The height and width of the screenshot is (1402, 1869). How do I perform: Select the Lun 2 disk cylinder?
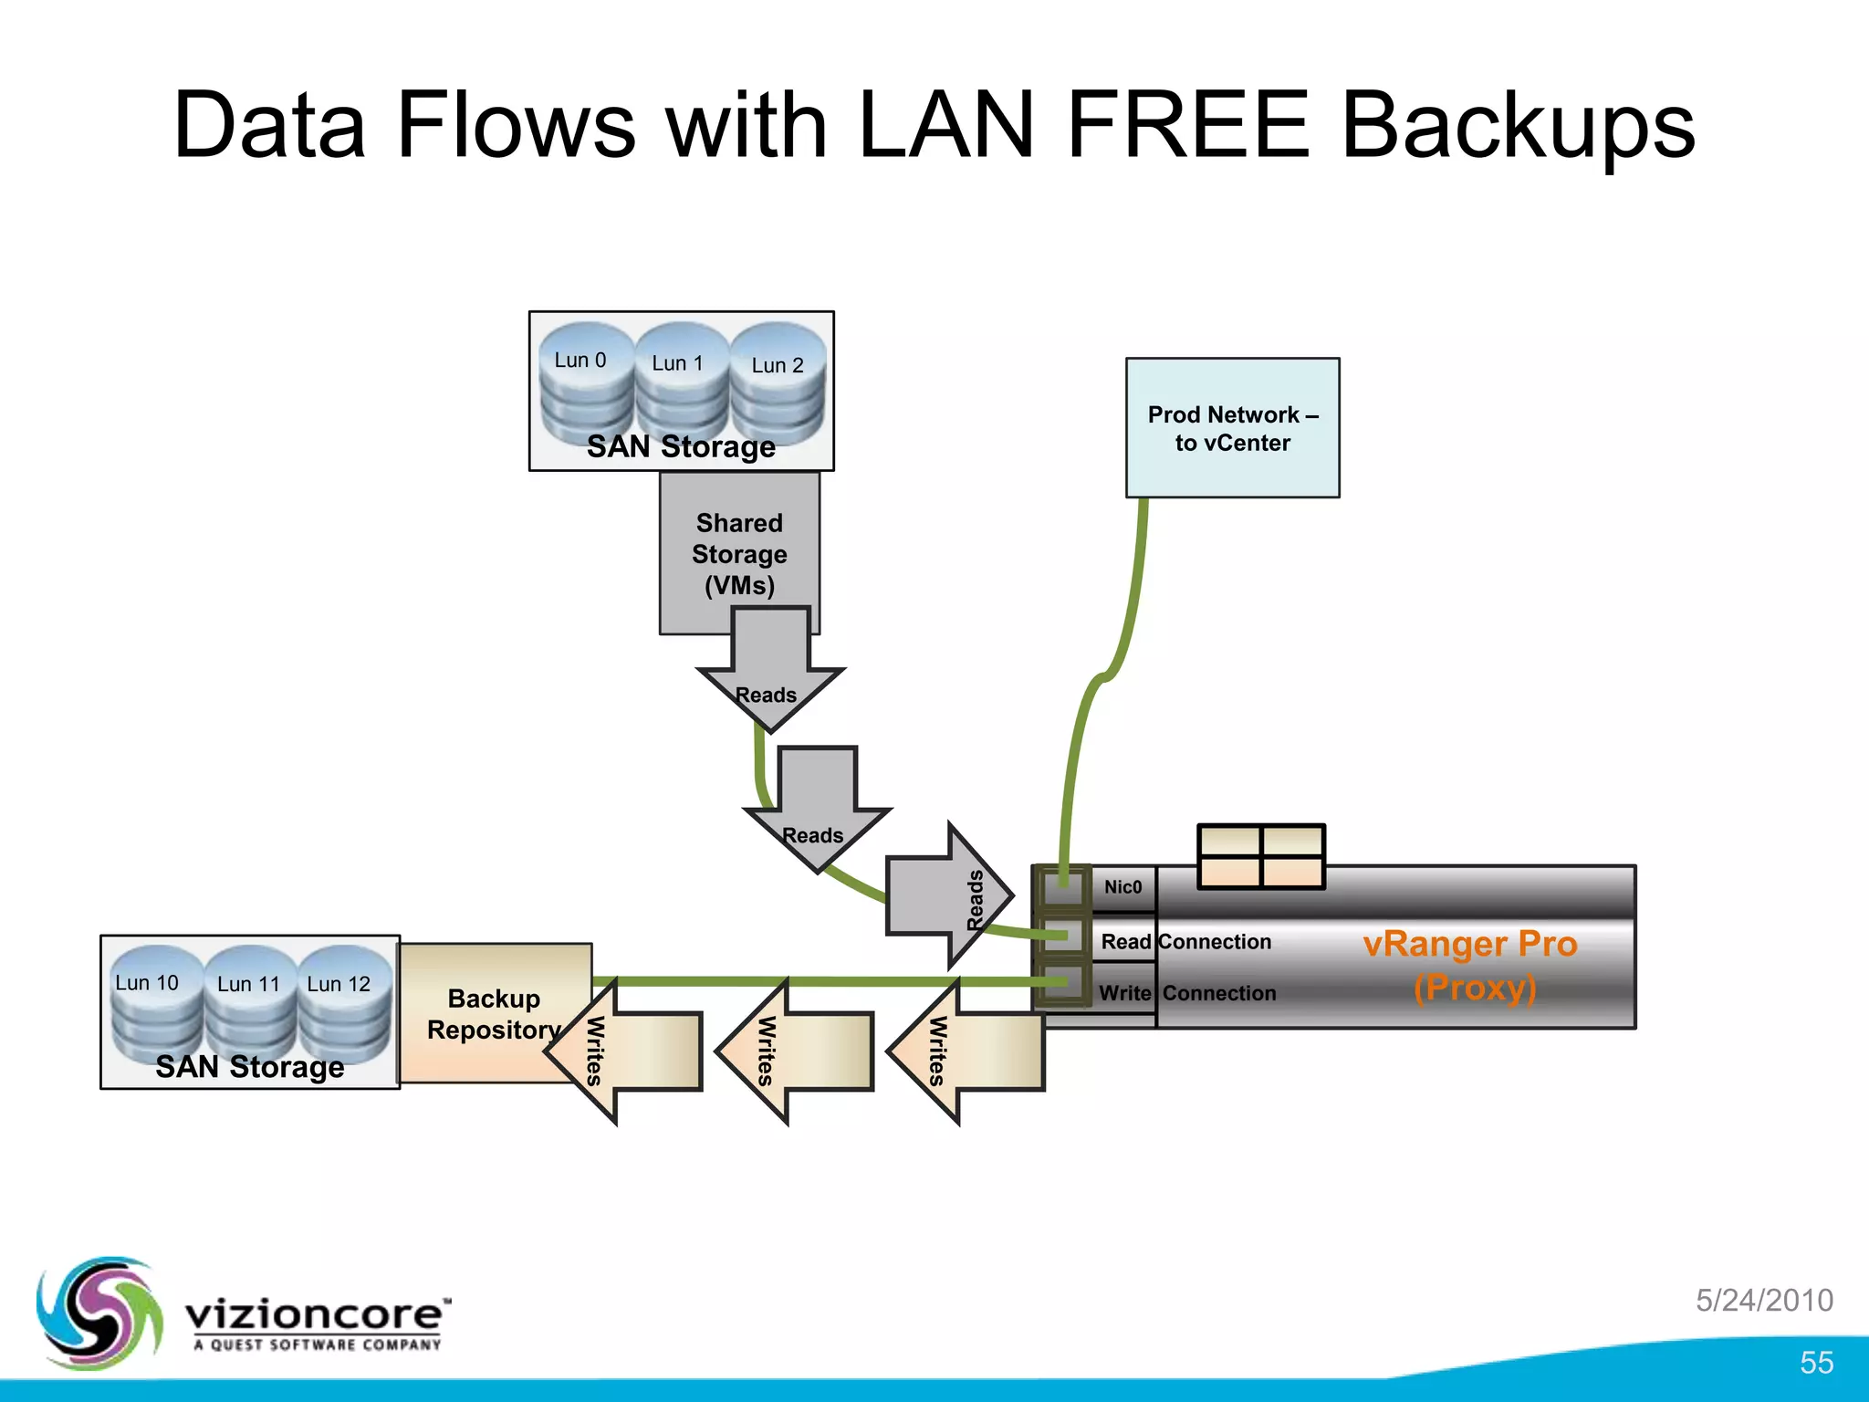[x=778, y=388]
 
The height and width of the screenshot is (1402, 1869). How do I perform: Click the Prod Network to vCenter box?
[x=1232, y=428]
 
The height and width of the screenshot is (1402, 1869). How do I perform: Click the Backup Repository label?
[x=494, y=1013]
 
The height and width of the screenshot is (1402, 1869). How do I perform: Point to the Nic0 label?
[x=1122, y=887]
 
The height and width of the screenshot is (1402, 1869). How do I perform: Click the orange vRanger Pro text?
[x=1469, y=944]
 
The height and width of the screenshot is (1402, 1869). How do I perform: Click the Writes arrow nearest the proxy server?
[x=967, y=1051]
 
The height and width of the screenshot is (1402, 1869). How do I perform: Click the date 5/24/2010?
[x=1764, y=1300]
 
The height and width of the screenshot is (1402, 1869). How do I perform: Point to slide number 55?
[x=1816, y=1363]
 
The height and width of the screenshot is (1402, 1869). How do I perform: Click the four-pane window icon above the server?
[x=1260, y=856]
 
